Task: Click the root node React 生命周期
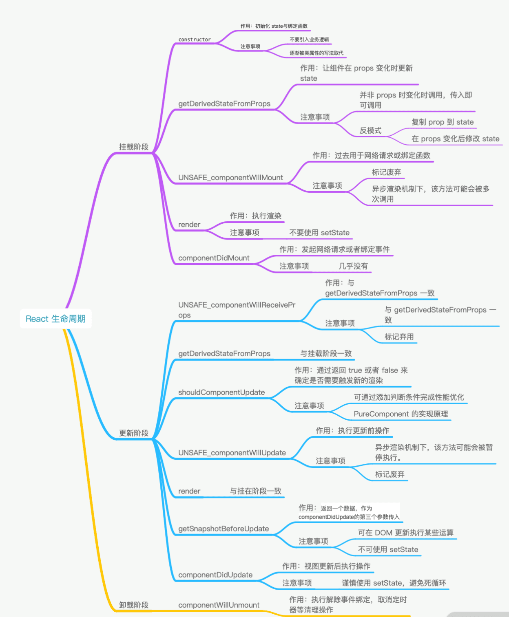(55, 319)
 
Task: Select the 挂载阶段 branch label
(133, 147)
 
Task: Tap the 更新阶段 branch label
(133, 433)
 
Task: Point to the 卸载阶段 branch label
(133, 605)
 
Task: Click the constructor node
(195, 40)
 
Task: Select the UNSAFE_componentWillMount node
(230, 178)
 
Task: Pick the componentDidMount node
(214, 258)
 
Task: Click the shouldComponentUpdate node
(221, 392)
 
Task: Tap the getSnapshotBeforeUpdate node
(224, 529)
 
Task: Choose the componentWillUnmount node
(219, 605)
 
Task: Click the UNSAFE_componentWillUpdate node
(232, 453)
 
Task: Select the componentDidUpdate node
(215, 575)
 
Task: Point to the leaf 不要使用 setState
(319, 233)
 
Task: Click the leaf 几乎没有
(353, 266)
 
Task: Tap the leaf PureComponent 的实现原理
(401, 414)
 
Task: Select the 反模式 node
(370, 130)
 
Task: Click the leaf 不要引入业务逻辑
(309, 40)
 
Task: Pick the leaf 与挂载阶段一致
(326, 353)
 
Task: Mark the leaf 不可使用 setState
(388, 549)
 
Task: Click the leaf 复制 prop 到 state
(443, 122)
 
